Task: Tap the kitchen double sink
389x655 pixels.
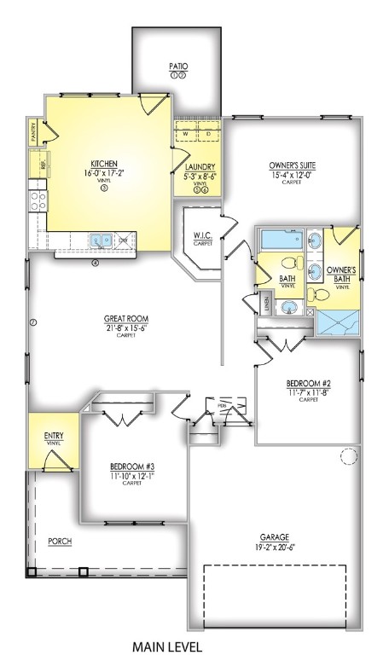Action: (102, 241)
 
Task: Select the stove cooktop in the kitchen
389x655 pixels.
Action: (38, 200)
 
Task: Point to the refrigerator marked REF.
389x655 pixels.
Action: (38, 164)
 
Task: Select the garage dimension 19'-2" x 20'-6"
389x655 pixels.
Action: (274, 548)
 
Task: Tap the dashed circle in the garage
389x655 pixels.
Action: (350, 457)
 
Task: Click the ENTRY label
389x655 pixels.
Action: (53, 436)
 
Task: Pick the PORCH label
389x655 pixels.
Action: (60, 541)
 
